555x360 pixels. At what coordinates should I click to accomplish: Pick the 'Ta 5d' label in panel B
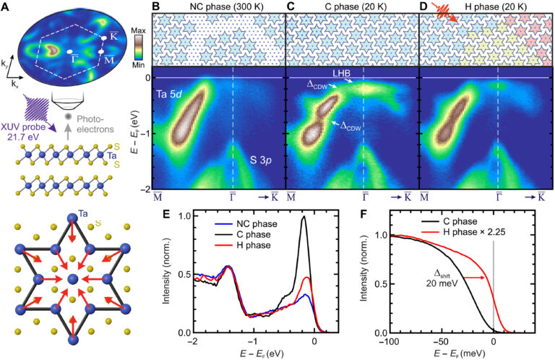click(172, 94)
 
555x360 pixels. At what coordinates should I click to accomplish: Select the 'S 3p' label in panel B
click(256, 159)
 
